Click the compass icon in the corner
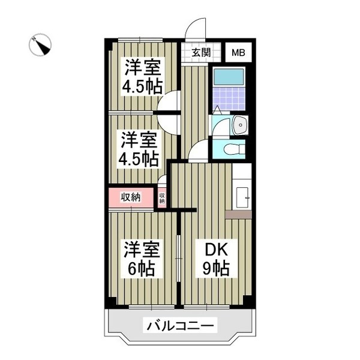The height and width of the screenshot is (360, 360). [x=41, y=45]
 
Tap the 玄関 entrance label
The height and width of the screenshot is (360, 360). [x=201, y=52]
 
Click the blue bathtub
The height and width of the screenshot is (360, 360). [x=229, y=77]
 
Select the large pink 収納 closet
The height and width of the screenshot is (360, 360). [x=131, y=197]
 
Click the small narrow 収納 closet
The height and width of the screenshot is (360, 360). [x=162, y=197]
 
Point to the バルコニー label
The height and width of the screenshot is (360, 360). [x=180, y=326]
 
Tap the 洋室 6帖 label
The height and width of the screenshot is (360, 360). [x=142, y=259]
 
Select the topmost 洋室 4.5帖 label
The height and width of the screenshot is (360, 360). [x=142, y=76]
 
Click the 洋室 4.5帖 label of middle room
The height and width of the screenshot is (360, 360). [x=139, y=149]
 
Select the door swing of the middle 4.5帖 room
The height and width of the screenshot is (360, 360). [x=170, y=124]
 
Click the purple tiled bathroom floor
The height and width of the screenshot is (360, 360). [x=228, y=97]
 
